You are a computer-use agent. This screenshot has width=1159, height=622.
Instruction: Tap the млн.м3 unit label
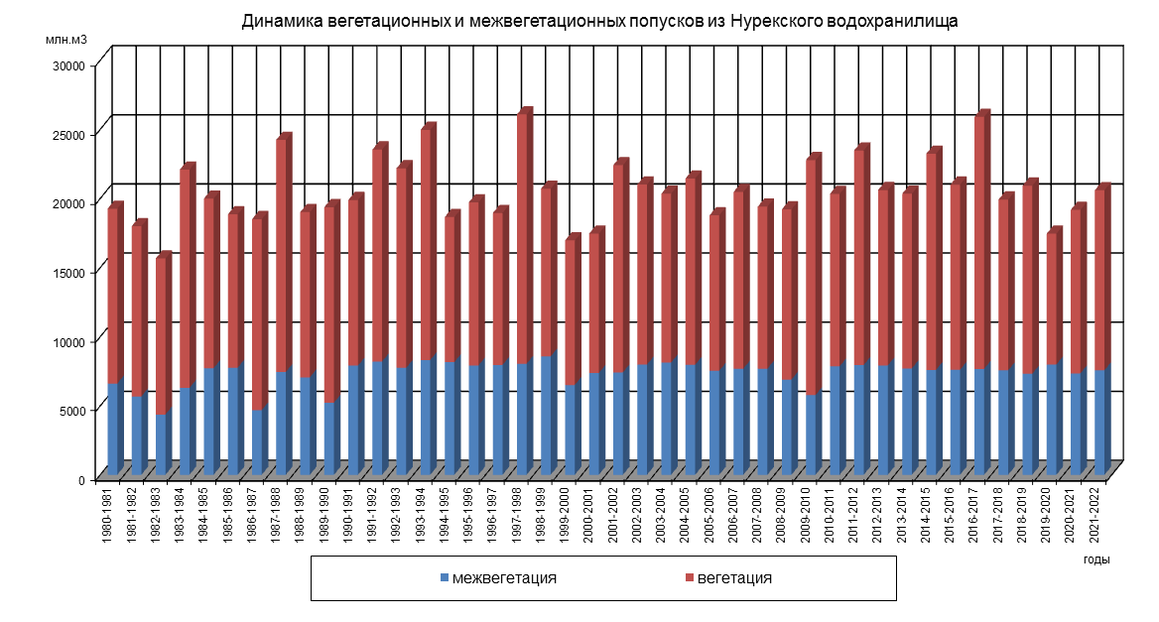pos(66,40)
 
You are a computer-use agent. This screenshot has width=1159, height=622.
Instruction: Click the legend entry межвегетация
pos(504,577)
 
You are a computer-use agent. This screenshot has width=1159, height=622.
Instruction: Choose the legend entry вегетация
pos(734,577)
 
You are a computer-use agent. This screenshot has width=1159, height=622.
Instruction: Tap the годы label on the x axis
pos(1096,560)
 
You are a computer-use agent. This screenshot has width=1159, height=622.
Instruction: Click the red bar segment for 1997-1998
pos(524,238)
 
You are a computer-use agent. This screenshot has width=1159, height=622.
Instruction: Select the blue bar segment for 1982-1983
pos(163,442)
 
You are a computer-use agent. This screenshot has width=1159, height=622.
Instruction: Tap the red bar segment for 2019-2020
pos(1053,299)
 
